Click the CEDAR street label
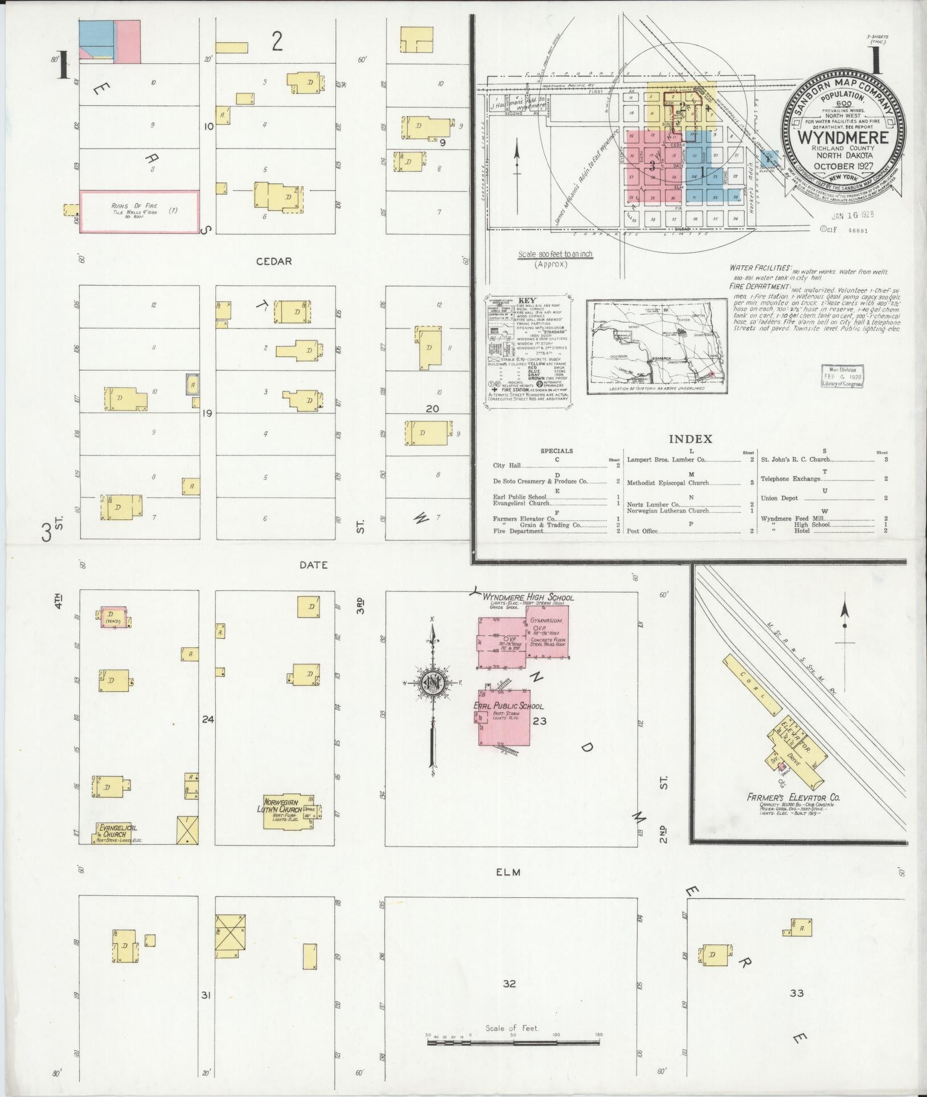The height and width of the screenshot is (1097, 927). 274,261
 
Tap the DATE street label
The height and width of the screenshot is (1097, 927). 313,565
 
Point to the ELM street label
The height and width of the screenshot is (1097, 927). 509,872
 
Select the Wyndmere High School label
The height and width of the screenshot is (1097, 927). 528,597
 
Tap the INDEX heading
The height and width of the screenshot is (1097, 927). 690,439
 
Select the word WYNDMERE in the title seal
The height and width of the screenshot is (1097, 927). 843,137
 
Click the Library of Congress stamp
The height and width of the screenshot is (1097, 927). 842,376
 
